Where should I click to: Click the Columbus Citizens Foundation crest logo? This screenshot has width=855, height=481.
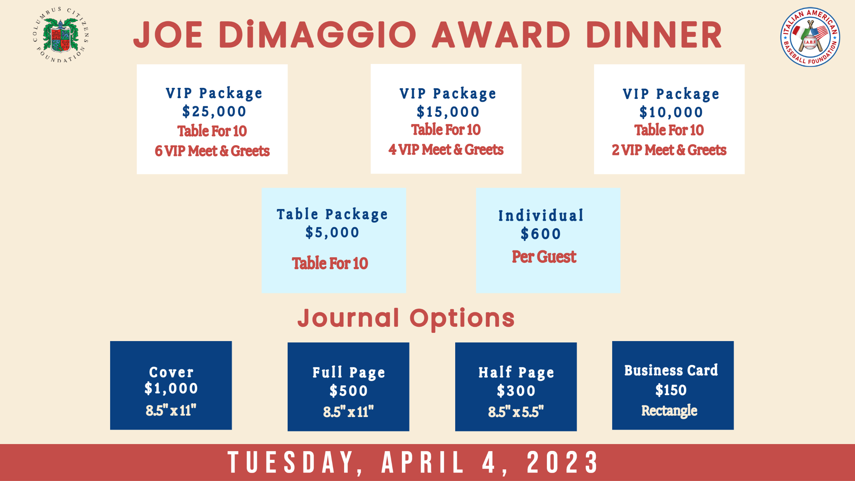click(x=61, y=35)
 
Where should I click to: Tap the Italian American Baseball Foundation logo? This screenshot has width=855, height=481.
click(x=810, y=37)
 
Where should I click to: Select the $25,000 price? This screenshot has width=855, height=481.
click(x=214, y=112)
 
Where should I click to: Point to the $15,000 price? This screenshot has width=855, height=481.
click(x=448, y=112)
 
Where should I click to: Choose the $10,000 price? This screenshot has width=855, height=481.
click(x=671, y=112)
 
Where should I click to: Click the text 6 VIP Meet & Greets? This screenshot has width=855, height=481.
click(x=212, y=151)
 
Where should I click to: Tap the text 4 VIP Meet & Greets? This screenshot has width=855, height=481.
click(x=446, y=149)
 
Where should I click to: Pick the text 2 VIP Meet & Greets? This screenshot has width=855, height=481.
click(x=669, y=150)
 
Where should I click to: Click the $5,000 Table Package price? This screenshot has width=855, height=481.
click(x=332, y=232)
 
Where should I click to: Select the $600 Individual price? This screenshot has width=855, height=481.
click(x=541, y=234)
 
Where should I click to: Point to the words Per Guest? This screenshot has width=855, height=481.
click(x=544, y=257)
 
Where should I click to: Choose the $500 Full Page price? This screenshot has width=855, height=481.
click(x=348, y=391)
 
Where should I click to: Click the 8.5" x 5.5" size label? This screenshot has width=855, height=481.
click(x=516, y=412)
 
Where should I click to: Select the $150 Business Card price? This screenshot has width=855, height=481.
click(x=671, y=390)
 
